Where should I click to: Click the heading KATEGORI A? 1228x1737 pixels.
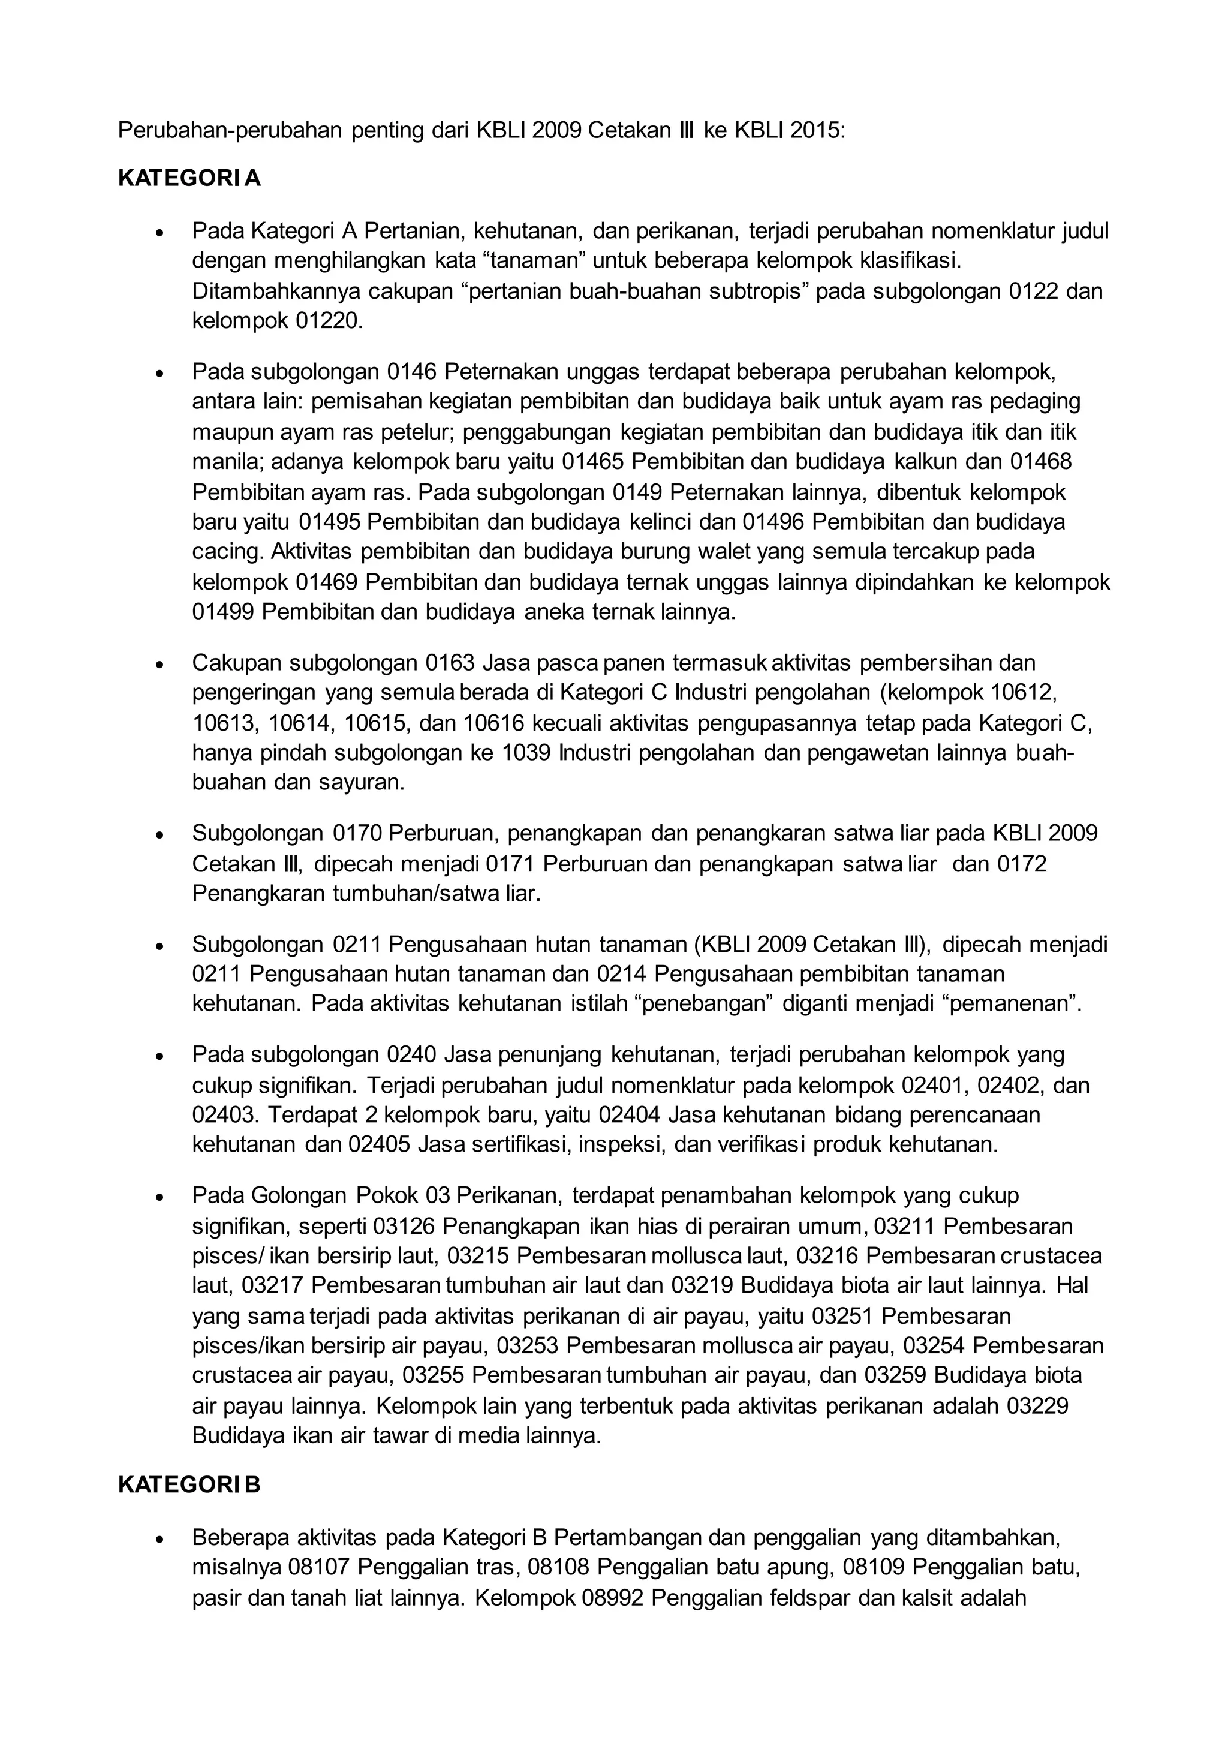(189, 179)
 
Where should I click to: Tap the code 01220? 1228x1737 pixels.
(329, 321)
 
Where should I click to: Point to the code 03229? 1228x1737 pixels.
(1037, 1407)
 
